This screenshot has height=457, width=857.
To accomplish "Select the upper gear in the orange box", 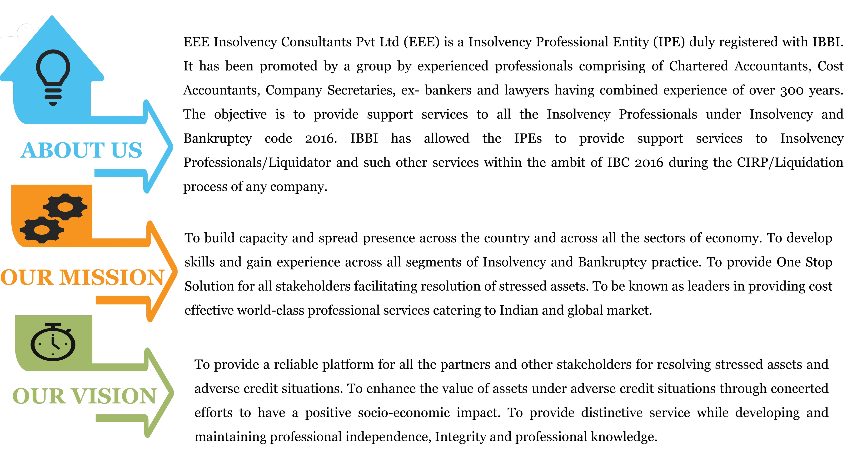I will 65,207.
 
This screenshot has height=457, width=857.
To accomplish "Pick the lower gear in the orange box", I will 42,229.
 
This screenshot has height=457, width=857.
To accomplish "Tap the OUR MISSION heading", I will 83,277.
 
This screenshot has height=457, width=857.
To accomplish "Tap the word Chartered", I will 698,66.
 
